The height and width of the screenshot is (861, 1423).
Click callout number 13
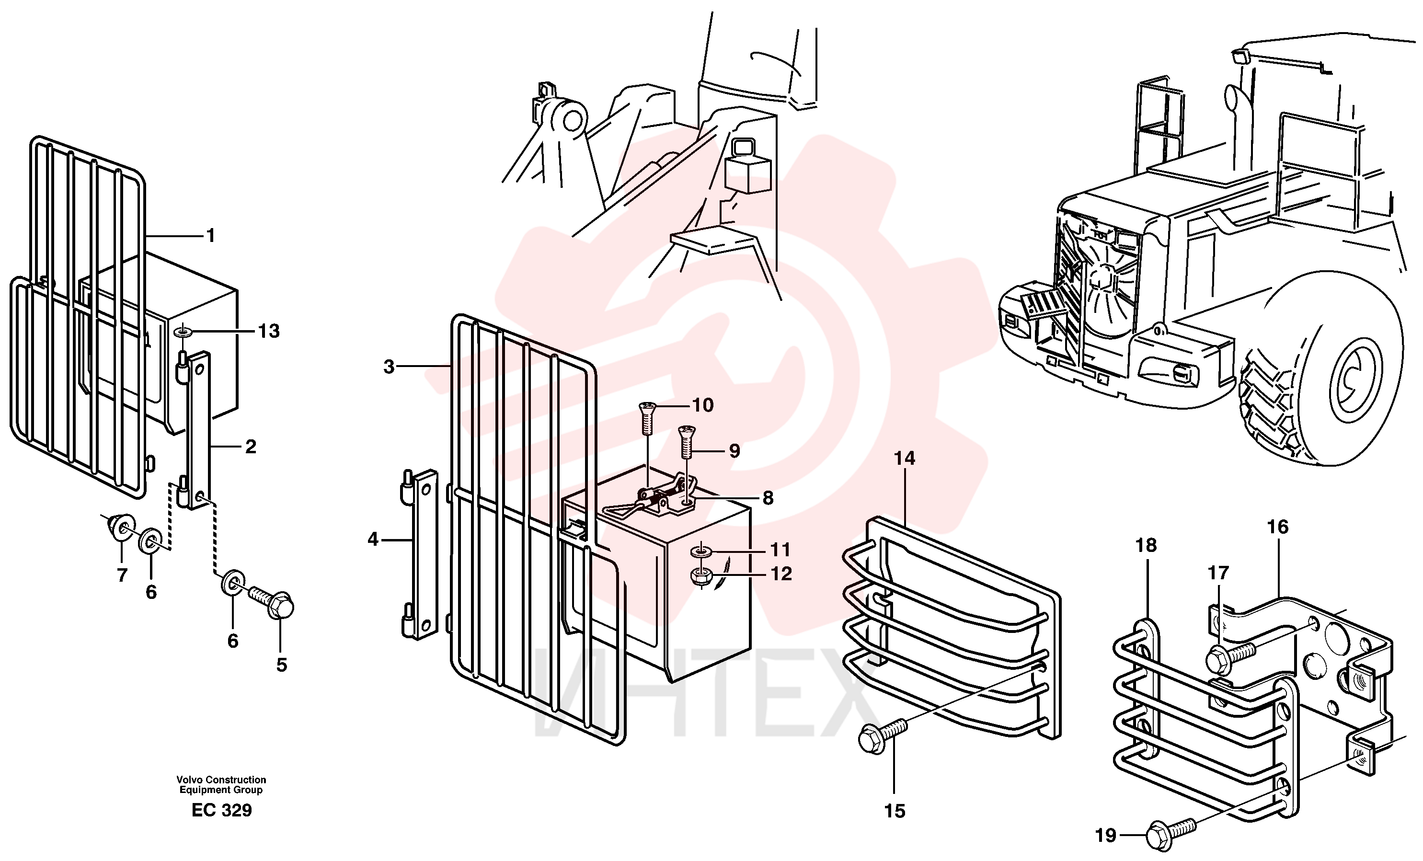[268, 331]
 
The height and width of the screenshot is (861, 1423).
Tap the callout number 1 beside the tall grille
[211, 236]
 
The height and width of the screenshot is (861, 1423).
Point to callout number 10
[703, 405]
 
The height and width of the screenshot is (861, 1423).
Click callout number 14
[905, 459]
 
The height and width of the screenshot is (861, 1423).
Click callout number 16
[1277, 527]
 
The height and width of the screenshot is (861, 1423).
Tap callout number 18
[1147, 545]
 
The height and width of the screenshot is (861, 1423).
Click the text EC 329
[222, 810]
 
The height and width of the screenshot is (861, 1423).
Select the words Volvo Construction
[221, 780]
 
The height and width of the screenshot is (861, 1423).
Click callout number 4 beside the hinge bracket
[373, 540]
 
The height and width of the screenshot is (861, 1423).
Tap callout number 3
[389, 367]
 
